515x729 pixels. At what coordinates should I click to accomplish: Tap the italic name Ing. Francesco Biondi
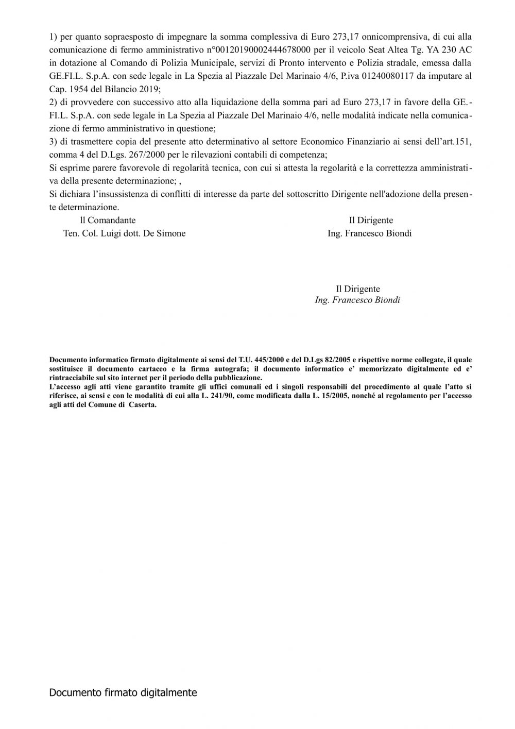click(357, 300)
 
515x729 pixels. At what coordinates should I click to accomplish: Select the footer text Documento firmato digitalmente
click(123, 693)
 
